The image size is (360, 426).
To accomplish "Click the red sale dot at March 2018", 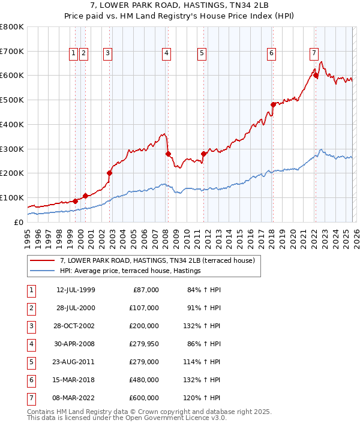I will pos(273,104).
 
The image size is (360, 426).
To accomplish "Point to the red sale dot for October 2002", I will pos(110,173).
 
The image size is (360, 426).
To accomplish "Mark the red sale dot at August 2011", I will pos(203,154).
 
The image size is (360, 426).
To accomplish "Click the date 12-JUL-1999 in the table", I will pos(76,290).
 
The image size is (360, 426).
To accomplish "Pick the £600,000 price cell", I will pos(144,398).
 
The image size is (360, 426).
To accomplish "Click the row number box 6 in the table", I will pos(31,380).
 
